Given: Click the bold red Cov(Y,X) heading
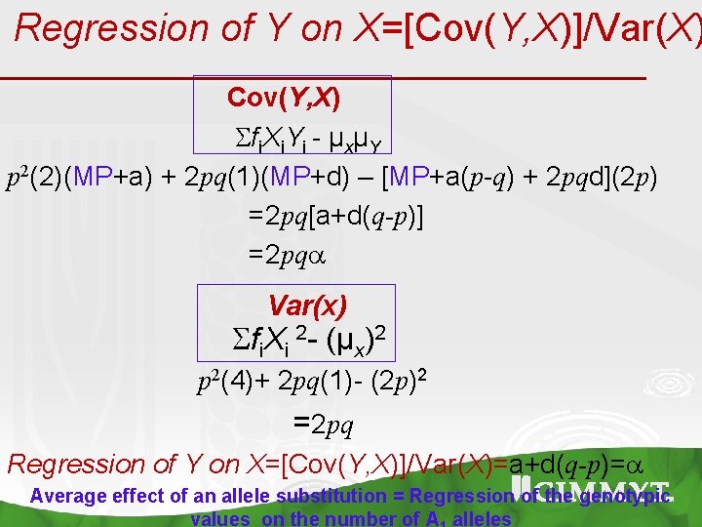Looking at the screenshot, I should tap(283, 98).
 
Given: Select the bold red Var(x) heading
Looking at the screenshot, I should tap(307, 305).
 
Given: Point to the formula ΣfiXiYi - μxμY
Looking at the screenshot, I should tap(302, 140).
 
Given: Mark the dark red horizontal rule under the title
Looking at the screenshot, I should tap(322, 76).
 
